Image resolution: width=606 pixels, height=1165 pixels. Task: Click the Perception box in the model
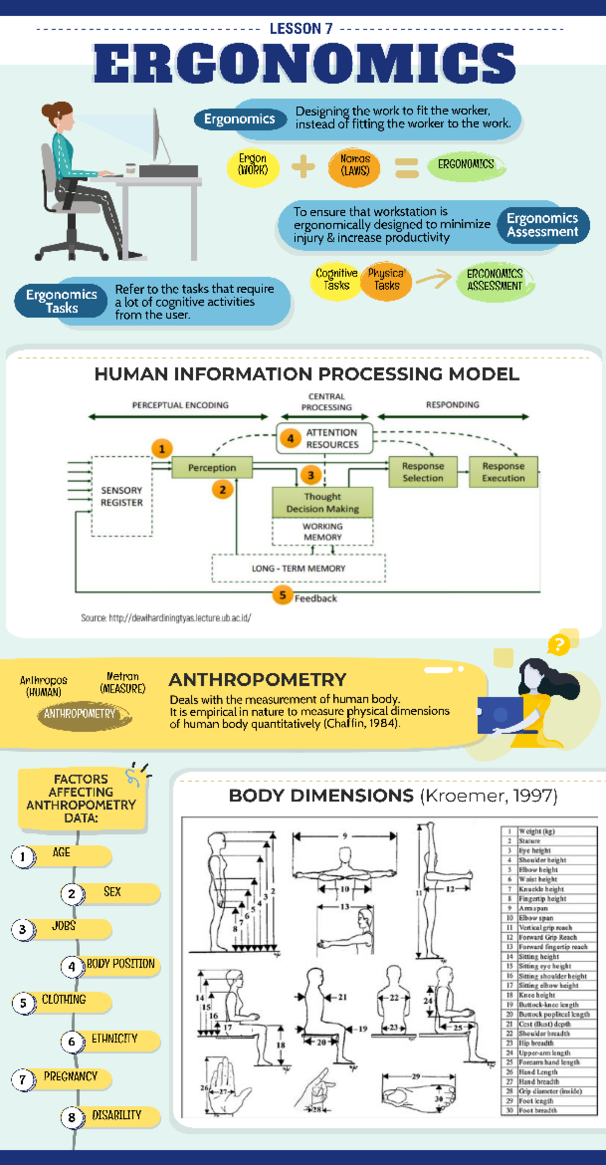[212, 468]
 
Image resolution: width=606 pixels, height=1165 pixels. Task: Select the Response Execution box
[503, 472]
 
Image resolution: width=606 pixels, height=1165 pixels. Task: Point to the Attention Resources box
[325, 438]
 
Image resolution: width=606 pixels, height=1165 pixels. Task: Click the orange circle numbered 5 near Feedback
[282, 595]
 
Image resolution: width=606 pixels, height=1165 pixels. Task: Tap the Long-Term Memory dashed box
[298, 568]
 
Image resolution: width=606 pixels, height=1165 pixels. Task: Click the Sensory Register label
[122, 496]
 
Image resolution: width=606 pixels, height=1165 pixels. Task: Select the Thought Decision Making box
[322, 502]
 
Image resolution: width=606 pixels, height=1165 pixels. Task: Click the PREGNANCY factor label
[70, 1077]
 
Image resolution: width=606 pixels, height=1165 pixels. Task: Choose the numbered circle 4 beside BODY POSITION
[72, 966]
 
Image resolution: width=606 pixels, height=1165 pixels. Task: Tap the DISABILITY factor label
[116, 1115]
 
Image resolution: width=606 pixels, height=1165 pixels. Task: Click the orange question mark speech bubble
[559, 644]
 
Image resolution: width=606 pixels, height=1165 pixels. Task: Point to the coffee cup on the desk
[130, 169]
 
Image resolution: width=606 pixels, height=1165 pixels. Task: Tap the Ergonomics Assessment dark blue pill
[542, 225]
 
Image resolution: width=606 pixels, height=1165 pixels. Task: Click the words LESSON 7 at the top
[301, 29]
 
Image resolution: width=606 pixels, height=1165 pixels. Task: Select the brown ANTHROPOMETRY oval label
[81, 714]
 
